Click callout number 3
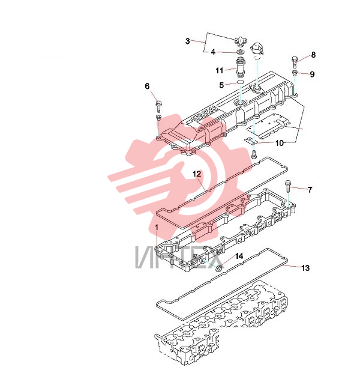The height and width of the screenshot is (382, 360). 187,41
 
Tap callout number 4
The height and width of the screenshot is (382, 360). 213,52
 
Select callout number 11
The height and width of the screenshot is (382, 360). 220,70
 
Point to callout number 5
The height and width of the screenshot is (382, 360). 221,85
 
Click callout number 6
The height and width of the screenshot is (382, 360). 147,86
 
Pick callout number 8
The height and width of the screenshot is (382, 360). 313,55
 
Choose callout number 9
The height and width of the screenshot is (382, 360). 312,74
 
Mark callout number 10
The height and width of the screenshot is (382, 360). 280,143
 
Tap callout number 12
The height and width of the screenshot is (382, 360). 197,174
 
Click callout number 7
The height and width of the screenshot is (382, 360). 310,190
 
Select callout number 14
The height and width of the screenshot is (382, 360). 239,256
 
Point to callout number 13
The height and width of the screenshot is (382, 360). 305,268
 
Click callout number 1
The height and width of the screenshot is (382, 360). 157,228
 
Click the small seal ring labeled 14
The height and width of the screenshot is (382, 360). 220,267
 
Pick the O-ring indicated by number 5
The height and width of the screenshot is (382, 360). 240,82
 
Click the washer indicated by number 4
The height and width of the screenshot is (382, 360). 241,52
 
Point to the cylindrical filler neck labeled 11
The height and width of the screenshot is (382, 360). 240,66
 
